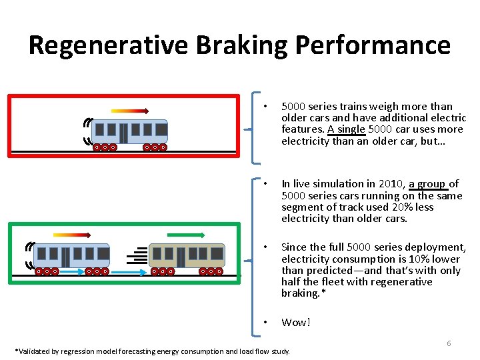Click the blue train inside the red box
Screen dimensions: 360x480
tap(129, 134)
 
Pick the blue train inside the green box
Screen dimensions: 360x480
tap(72, 258)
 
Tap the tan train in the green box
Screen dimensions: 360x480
tap(187, 258)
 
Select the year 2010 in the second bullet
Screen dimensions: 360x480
tap(390, 184)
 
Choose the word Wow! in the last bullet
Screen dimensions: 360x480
tap(296, 323)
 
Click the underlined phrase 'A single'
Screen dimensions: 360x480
tap(346, 129)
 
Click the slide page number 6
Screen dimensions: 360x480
tap(449, 343)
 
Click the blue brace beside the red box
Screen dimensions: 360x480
tap(254, 127)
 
